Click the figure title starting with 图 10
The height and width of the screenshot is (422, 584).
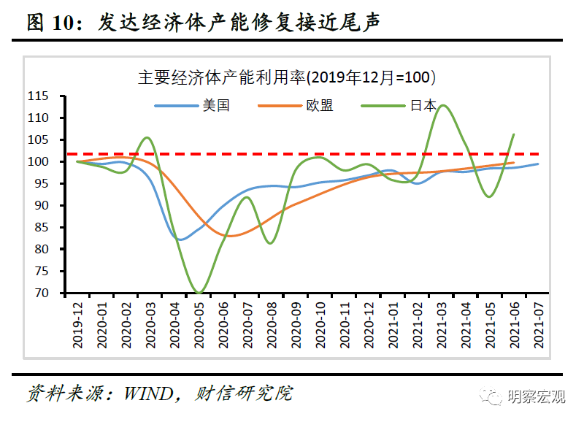tap(204, 23)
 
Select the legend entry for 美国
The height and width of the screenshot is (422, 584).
tap(216, 105)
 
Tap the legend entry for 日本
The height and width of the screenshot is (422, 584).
tap(423, 105)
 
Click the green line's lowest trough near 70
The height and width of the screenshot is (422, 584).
tap(199, 293)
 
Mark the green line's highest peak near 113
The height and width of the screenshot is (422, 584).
tap(442, 105)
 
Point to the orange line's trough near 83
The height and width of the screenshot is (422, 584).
tap(231, 236)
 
